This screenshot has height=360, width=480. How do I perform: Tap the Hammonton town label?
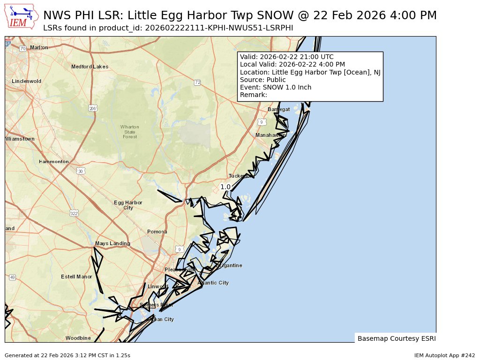click(54, 162)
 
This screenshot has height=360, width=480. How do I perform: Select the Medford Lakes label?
click(90, 67)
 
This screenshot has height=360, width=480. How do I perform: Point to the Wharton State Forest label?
click(129, 132)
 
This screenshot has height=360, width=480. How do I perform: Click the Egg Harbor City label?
click(128, 205)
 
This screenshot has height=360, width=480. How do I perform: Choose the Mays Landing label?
click(112, 244)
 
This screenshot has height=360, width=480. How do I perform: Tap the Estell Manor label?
click(76, 277)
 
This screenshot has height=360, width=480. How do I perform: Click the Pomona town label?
click(157, 232)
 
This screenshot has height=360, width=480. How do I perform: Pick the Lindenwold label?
click(27, 81)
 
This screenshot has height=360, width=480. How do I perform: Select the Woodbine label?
click(78, 338)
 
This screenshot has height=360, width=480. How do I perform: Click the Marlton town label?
click(39, 47)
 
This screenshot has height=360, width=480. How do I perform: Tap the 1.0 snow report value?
click(225, 187)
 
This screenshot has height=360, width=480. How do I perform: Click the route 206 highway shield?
click(93, 108)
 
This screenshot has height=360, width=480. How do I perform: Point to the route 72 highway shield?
click(197, 82)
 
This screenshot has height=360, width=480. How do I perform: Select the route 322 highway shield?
click(74, 213)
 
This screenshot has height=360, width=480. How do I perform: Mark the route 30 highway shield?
click(81, 172)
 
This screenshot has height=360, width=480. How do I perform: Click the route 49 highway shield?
click(12, 277)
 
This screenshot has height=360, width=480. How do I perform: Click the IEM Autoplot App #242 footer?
click(444, 355)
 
